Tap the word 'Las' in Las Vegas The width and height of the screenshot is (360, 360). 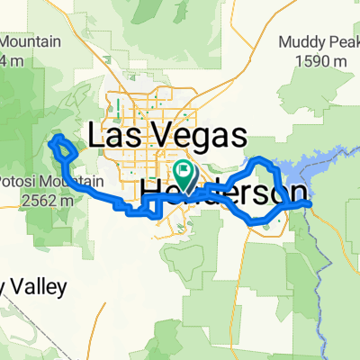114,136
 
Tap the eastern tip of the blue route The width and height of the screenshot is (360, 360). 310,203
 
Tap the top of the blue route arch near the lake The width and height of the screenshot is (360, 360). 259,159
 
